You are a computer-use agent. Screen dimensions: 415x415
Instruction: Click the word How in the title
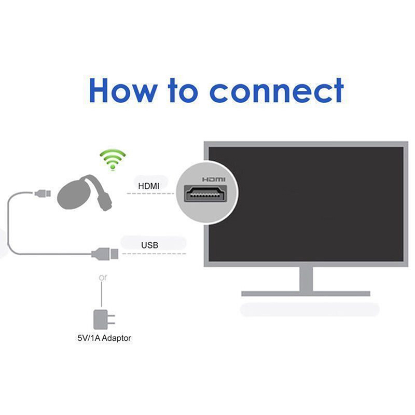click(x=122, y=90)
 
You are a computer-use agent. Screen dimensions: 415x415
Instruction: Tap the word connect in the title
click(x=276, y=90)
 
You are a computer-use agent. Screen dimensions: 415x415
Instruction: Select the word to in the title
click(x=182, y=90)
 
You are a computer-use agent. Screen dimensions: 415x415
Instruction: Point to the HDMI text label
click(x=149, y=185)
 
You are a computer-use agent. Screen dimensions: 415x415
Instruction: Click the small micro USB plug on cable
click(x=43, y=194)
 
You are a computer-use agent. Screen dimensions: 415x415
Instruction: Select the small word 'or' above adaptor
click(x=103, y=278)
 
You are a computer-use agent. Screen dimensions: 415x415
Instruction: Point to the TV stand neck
click(x=306, y=278)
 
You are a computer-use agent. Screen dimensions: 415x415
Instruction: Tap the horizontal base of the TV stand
click(x=306, y=294)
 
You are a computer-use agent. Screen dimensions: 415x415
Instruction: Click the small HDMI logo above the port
click(x=207, y=179)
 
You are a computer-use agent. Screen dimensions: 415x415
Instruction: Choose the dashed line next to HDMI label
click(x=150, y=193)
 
